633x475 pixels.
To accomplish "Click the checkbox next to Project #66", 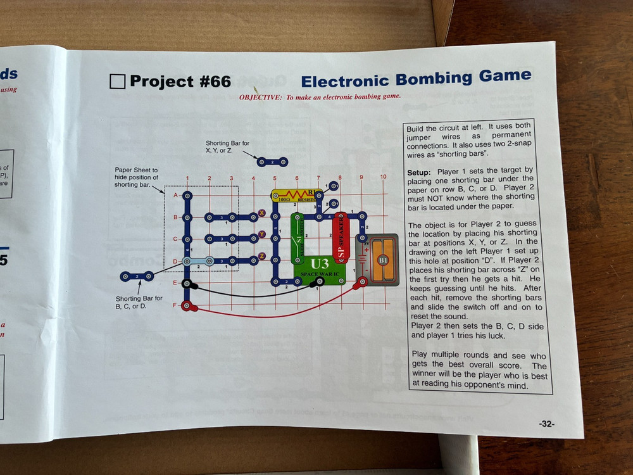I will tap(117, 81).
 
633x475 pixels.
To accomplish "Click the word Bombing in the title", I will tap(434, 79).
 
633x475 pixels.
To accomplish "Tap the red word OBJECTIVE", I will tap(260, 98).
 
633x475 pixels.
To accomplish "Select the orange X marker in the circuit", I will tap(262, 213).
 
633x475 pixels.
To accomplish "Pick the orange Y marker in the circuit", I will tap(262, 234).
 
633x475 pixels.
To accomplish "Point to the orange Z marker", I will tap(262, 256).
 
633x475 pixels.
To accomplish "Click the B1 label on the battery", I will tap(383, 260).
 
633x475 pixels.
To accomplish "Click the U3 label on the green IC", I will tap(320, 263).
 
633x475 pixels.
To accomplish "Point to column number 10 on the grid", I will tap(383, 177).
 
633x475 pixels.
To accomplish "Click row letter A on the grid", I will tap(175, 195).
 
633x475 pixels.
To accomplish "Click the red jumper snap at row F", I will tap(187, 307).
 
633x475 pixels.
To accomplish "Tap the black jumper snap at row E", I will tap(186, 284).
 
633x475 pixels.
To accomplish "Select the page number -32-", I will tap(546, 424).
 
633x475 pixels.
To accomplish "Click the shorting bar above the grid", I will tap(272, 162).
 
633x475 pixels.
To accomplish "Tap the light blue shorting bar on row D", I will tap(197, 261).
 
